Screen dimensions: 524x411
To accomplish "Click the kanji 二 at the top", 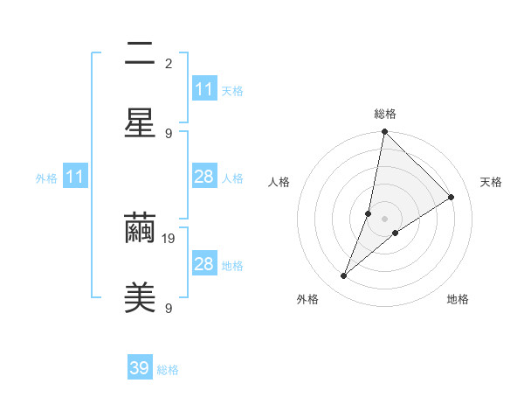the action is click(x=140, y=57).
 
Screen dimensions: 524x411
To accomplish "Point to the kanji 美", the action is click(x=140, y=297).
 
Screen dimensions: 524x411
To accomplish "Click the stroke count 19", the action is click(x=169, y=238).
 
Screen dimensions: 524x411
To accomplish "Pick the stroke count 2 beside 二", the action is click(x=169, y=63).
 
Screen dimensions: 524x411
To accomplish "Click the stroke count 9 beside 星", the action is click(x=169, y=133).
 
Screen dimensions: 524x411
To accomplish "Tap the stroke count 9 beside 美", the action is click(x=169, y=308).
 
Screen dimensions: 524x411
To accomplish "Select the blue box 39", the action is click(x=140, y=368).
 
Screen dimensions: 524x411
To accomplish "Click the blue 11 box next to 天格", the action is click(x=204, y=89).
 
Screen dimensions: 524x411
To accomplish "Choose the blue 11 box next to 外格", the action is click(x=75, y=177).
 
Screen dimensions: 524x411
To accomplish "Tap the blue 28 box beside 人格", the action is click(x=204, y=177).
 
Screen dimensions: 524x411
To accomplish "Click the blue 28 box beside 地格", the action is click(x=204, y=264).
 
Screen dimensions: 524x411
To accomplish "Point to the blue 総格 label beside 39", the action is click(x=168, y=370).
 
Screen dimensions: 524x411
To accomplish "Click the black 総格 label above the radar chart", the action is click(x=385, y=114).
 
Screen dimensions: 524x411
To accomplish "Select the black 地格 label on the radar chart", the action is click(x=458, y=299).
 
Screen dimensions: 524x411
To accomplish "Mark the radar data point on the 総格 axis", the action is click(x=385, y=132).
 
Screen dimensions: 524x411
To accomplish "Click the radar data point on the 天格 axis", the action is click(x=452, y=198).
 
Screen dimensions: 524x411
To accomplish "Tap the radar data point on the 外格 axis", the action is click(x=344, y=276).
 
